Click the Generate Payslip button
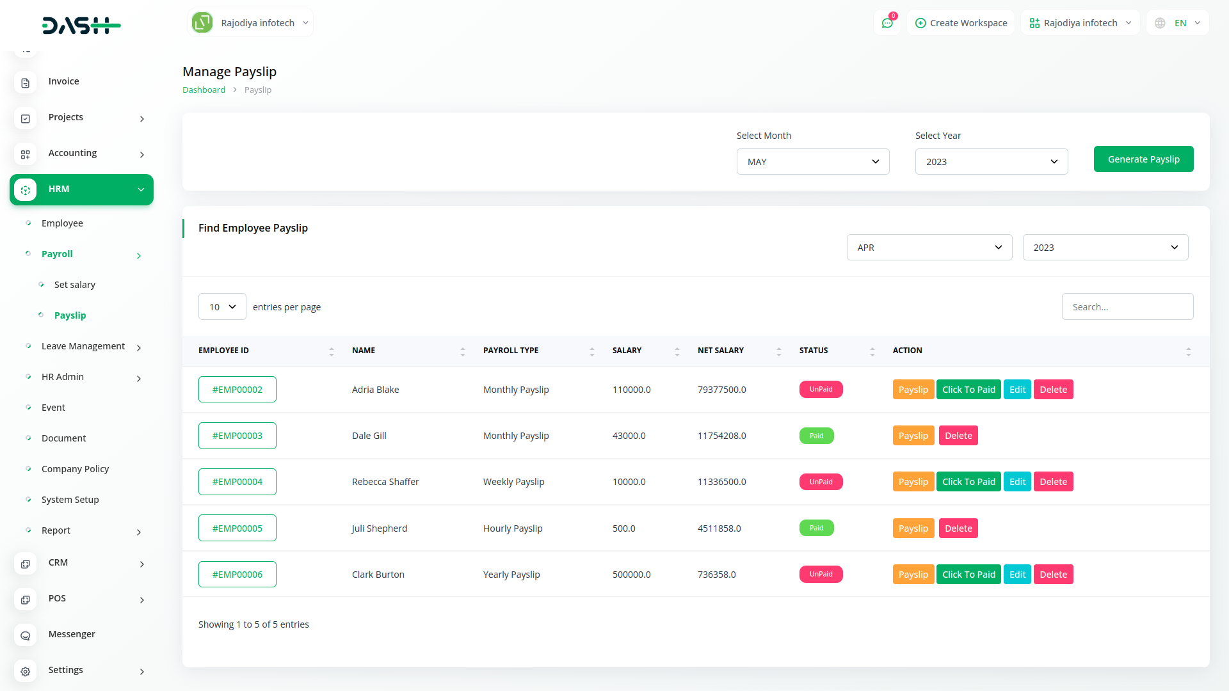tap(1143, 159)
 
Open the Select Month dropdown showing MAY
tap(812, 162)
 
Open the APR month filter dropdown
tap(929, 248)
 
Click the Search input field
tap(1127, 307)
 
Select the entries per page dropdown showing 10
tap(222, 307)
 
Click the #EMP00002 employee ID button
tap(237, 390)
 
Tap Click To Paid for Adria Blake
tap(968, 390)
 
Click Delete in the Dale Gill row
tap(958, 436)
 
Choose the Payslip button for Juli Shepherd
tap(913, 528)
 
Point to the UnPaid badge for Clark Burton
tap(821, 575)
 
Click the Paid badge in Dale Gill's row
tap(816, 436)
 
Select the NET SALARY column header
tap(721, 351)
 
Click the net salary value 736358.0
tap(716, 575)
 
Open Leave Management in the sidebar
tap(83, 346)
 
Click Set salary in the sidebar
tap(75, 285)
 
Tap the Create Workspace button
tap(961, 23)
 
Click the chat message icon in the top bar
tap(887, 23)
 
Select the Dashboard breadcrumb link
tap(204, 90)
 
